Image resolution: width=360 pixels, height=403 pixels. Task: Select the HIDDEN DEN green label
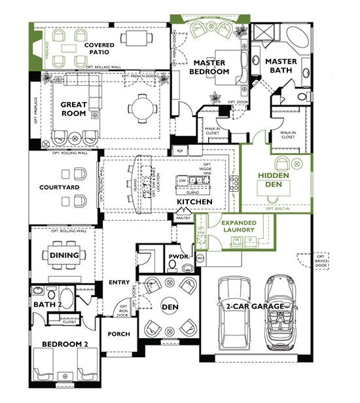[x=274, y=181]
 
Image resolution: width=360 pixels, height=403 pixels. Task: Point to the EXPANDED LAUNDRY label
[x=238, y=226]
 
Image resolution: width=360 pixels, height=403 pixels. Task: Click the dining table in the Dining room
[x=64, y=255]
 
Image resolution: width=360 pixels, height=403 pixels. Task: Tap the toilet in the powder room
[x=173, y=266]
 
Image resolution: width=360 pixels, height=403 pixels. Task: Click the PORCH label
[x=119, y=334]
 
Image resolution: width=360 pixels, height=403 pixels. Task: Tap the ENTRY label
[x=119, y=283]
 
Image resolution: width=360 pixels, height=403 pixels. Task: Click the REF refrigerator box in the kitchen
[x=181, y=151]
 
